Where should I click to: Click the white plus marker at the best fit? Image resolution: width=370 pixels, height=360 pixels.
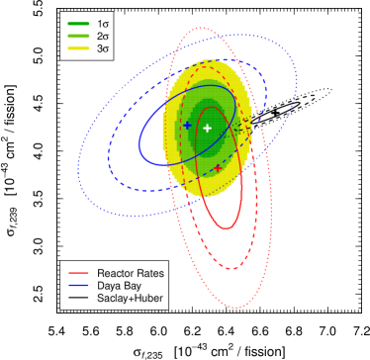coord(208,129)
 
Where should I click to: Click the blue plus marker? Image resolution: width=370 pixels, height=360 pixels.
coord(187,125)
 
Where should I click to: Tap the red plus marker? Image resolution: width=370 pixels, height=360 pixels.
coord(218,168)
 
